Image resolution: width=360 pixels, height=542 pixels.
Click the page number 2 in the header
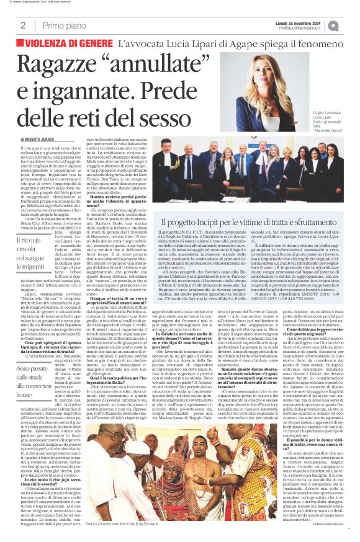click(x=23, y=25)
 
